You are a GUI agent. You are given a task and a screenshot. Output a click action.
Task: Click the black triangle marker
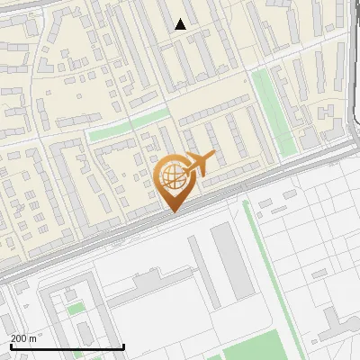(x=181, y=24)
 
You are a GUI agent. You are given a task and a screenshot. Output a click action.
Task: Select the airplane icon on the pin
(x=199, y=164)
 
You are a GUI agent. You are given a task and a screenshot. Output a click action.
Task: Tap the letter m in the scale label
(x=33, y=338)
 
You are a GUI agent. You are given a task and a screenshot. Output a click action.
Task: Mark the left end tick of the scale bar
(x=11, y=346)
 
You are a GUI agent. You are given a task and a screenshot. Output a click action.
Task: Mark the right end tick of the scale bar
(x=123, y=346)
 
